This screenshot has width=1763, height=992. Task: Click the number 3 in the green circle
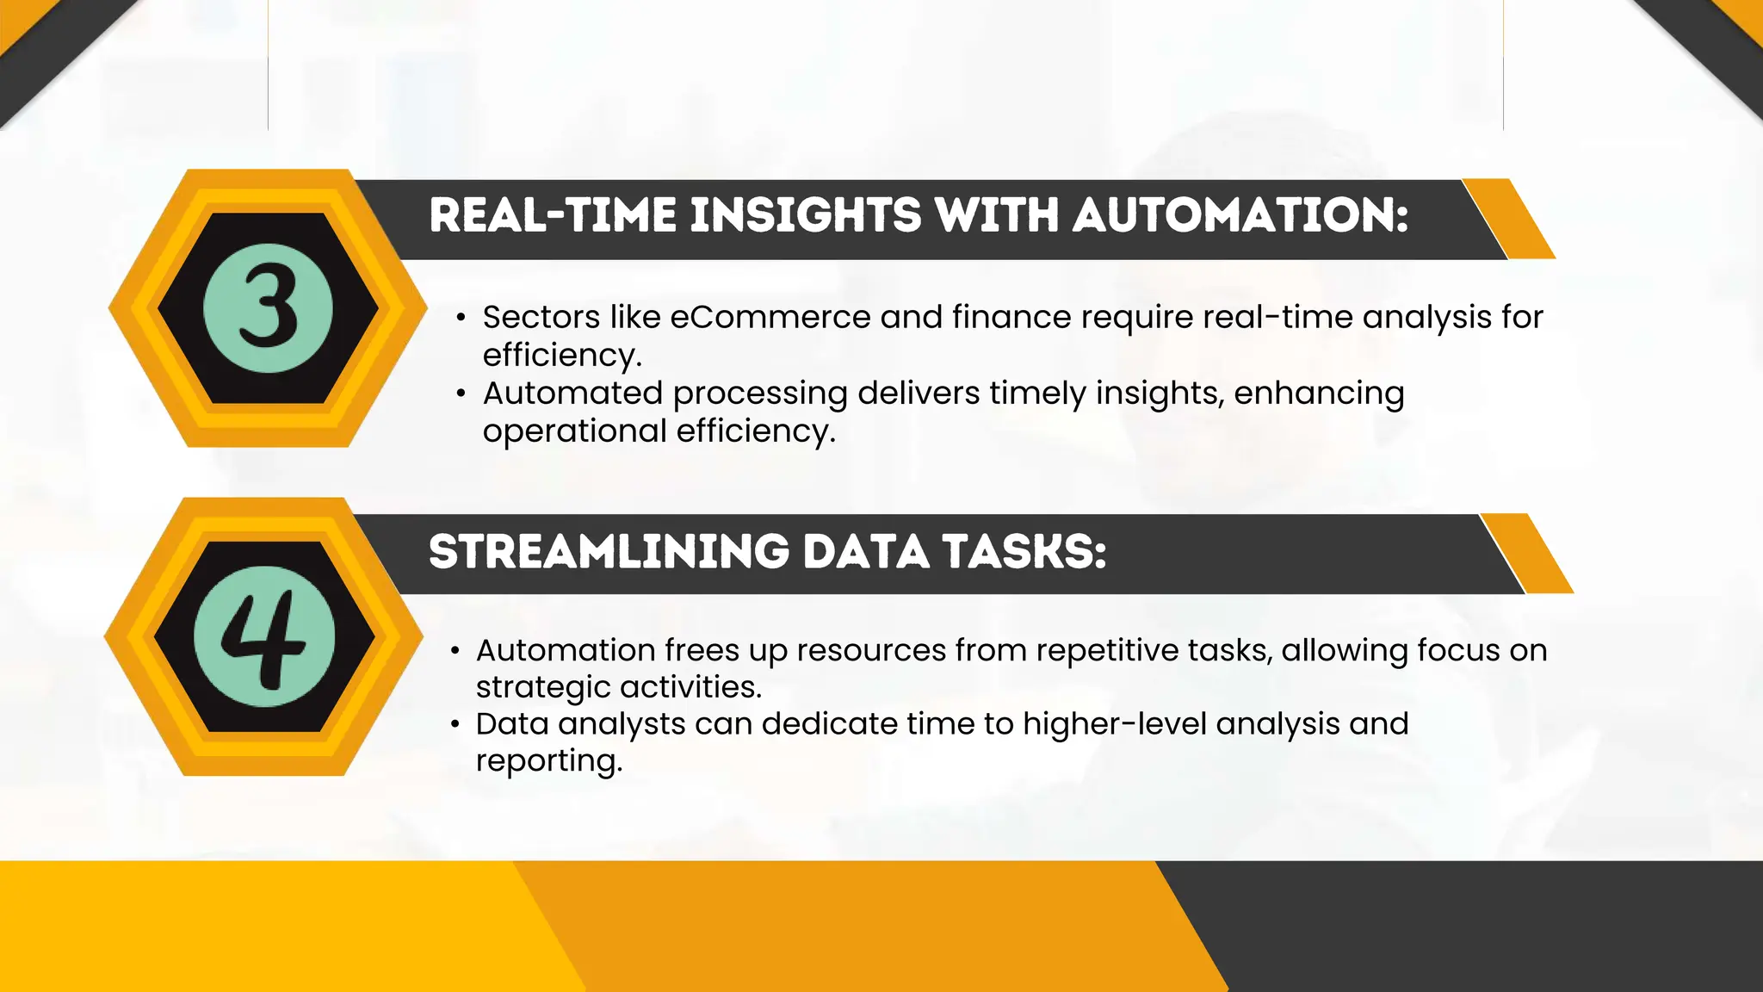[x=268, y=308]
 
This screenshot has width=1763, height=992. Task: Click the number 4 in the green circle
[x=263, y=637]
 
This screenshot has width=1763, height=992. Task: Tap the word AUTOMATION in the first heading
[x=1240, y=215]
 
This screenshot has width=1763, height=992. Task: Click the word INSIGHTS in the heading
[x=806, y=215]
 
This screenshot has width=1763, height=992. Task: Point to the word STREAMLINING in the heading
[x=609, y=552]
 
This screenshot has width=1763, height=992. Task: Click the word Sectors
[x=541, y=318]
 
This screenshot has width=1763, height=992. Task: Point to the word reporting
[x=548, y=761]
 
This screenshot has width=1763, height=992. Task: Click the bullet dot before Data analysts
[x=455, y=725]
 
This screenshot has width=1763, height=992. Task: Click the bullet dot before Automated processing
[x=461, y=394]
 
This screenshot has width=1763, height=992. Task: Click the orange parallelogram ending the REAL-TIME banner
[x=1509, y=219]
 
